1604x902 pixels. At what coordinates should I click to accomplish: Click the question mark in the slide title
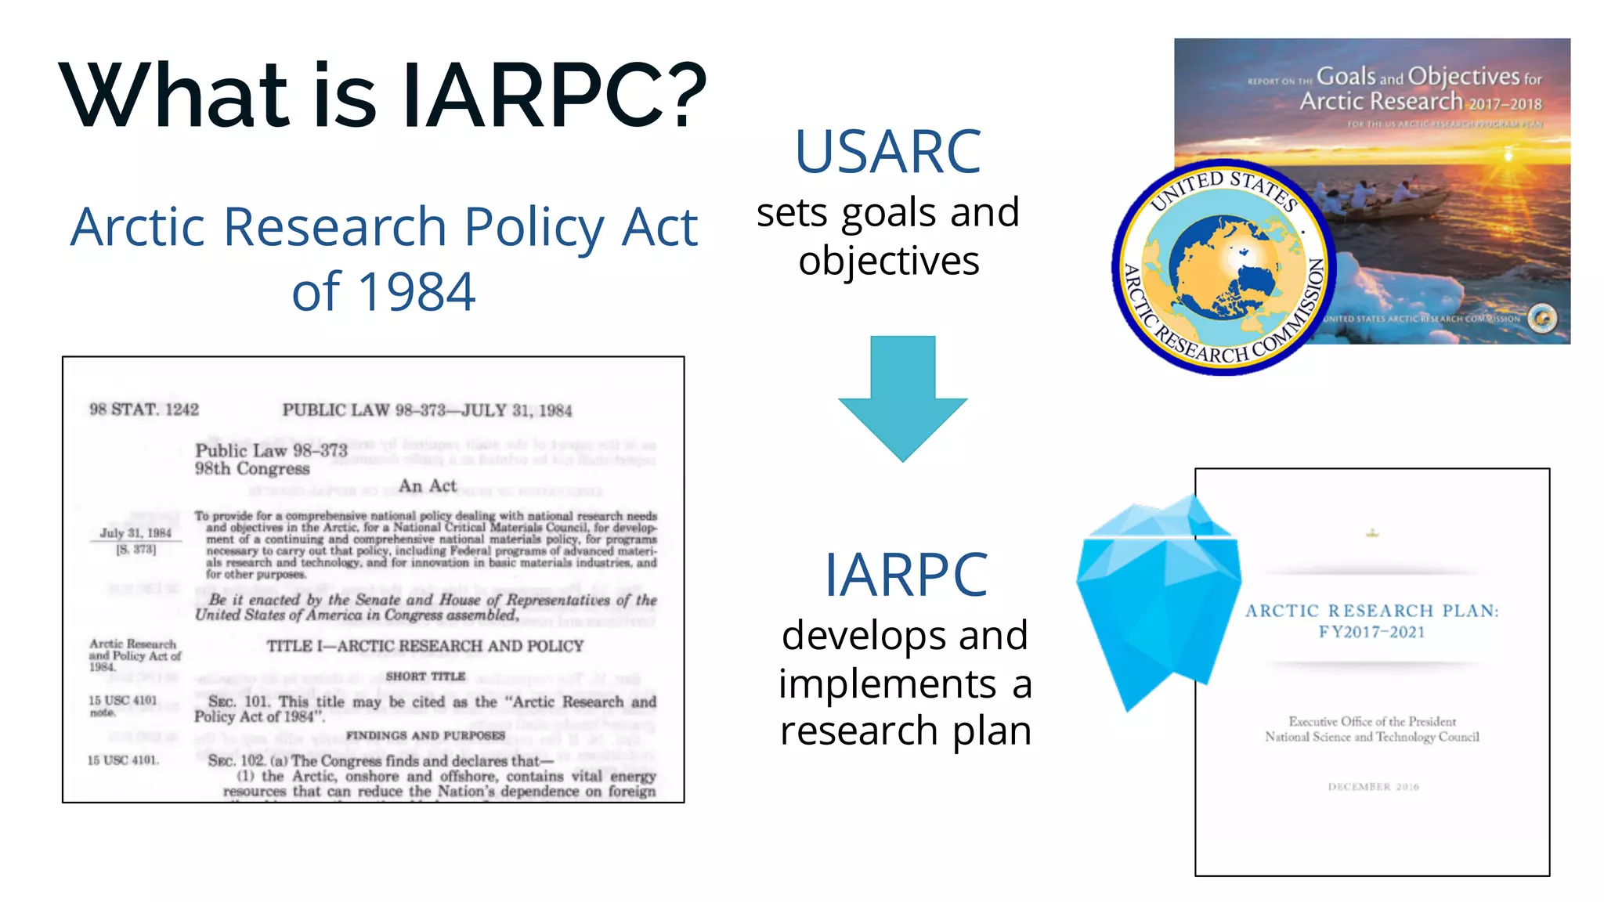coord(678,95)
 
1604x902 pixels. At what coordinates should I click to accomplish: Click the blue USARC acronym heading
coord(887,152)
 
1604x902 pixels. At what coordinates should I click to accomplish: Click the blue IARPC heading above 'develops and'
coord(905,575)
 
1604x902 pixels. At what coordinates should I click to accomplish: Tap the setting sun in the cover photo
coord(1508,154)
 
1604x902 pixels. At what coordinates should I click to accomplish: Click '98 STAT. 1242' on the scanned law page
coord(144,410)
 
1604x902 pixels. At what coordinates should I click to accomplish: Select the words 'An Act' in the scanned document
coord(428,486)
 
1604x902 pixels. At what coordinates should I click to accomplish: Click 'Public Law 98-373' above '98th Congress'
coord(271,450)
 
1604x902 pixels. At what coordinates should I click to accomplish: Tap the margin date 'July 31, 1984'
coord(135,533)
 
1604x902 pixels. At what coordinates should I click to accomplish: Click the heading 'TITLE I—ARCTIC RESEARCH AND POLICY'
coord(425,646)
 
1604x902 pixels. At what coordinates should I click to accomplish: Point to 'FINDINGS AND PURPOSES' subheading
coord(425,735)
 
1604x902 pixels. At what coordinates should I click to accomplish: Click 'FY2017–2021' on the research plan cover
coord(1371,633)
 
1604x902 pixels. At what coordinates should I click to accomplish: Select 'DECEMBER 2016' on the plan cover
coord(1373,787)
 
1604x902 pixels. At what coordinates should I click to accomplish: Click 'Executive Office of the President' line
coord(1372,721)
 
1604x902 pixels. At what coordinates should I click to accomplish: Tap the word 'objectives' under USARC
coord(889,261)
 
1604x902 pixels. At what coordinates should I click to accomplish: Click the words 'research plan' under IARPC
coord(905,731)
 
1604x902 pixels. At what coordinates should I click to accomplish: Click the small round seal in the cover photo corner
coord(1542,318)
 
